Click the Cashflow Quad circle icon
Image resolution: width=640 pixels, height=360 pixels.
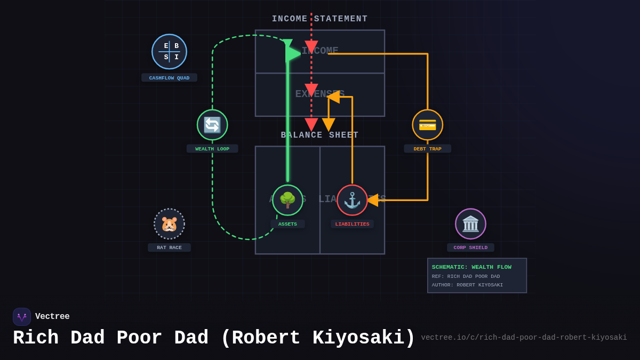pyautogui.click(x=169, y=52)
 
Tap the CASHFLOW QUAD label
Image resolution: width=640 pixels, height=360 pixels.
pyautogui.click(x=169, y=78)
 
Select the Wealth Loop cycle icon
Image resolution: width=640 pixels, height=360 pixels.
pyautogui.click(x=212, y=125)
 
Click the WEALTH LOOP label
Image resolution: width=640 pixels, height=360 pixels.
pyautogui.click(x=212, y=149)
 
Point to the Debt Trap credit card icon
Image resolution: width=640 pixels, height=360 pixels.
pyautogui.click(x=427, y=125)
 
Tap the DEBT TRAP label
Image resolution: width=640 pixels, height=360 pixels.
pyautogui.click(x=427, y=149)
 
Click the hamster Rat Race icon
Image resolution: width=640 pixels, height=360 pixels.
pyautogui.click(x=169, y=224)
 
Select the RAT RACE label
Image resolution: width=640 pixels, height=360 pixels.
pyautogui.click(x=169, y=247)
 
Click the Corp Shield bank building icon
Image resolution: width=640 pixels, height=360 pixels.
pyautogui.click(x=470, y=224)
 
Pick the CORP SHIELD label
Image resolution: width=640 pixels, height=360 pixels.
pyautogui.click(x=470, y=247)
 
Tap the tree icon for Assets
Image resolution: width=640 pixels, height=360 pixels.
pyautogui.click(x=287, y=200)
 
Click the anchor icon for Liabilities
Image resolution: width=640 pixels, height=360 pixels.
pyautogui.click(x=352, y=200)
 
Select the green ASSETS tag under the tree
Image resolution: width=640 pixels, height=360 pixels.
pyautogui.click(x=287, y=224)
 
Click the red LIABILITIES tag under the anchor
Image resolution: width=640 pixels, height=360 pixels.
pyautogui.click(x=352, y=224)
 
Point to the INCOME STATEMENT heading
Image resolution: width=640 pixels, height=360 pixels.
pyautogui.click(x=319, y=19)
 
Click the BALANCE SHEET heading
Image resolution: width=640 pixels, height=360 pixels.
pyautogui.click(x=319, y=135)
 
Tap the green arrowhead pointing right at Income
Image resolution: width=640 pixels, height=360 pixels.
pyautogui.click(x=293, y=53)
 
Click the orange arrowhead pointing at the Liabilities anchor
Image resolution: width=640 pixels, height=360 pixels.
pyautogui.click(x=372, y=200)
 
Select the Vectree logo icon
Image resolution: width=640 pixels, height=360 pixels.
pyautogui.click(x=22, y=317)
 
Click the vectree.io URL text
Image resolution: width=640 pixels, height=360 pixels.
pyautogui.click(x=524, y=338)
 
